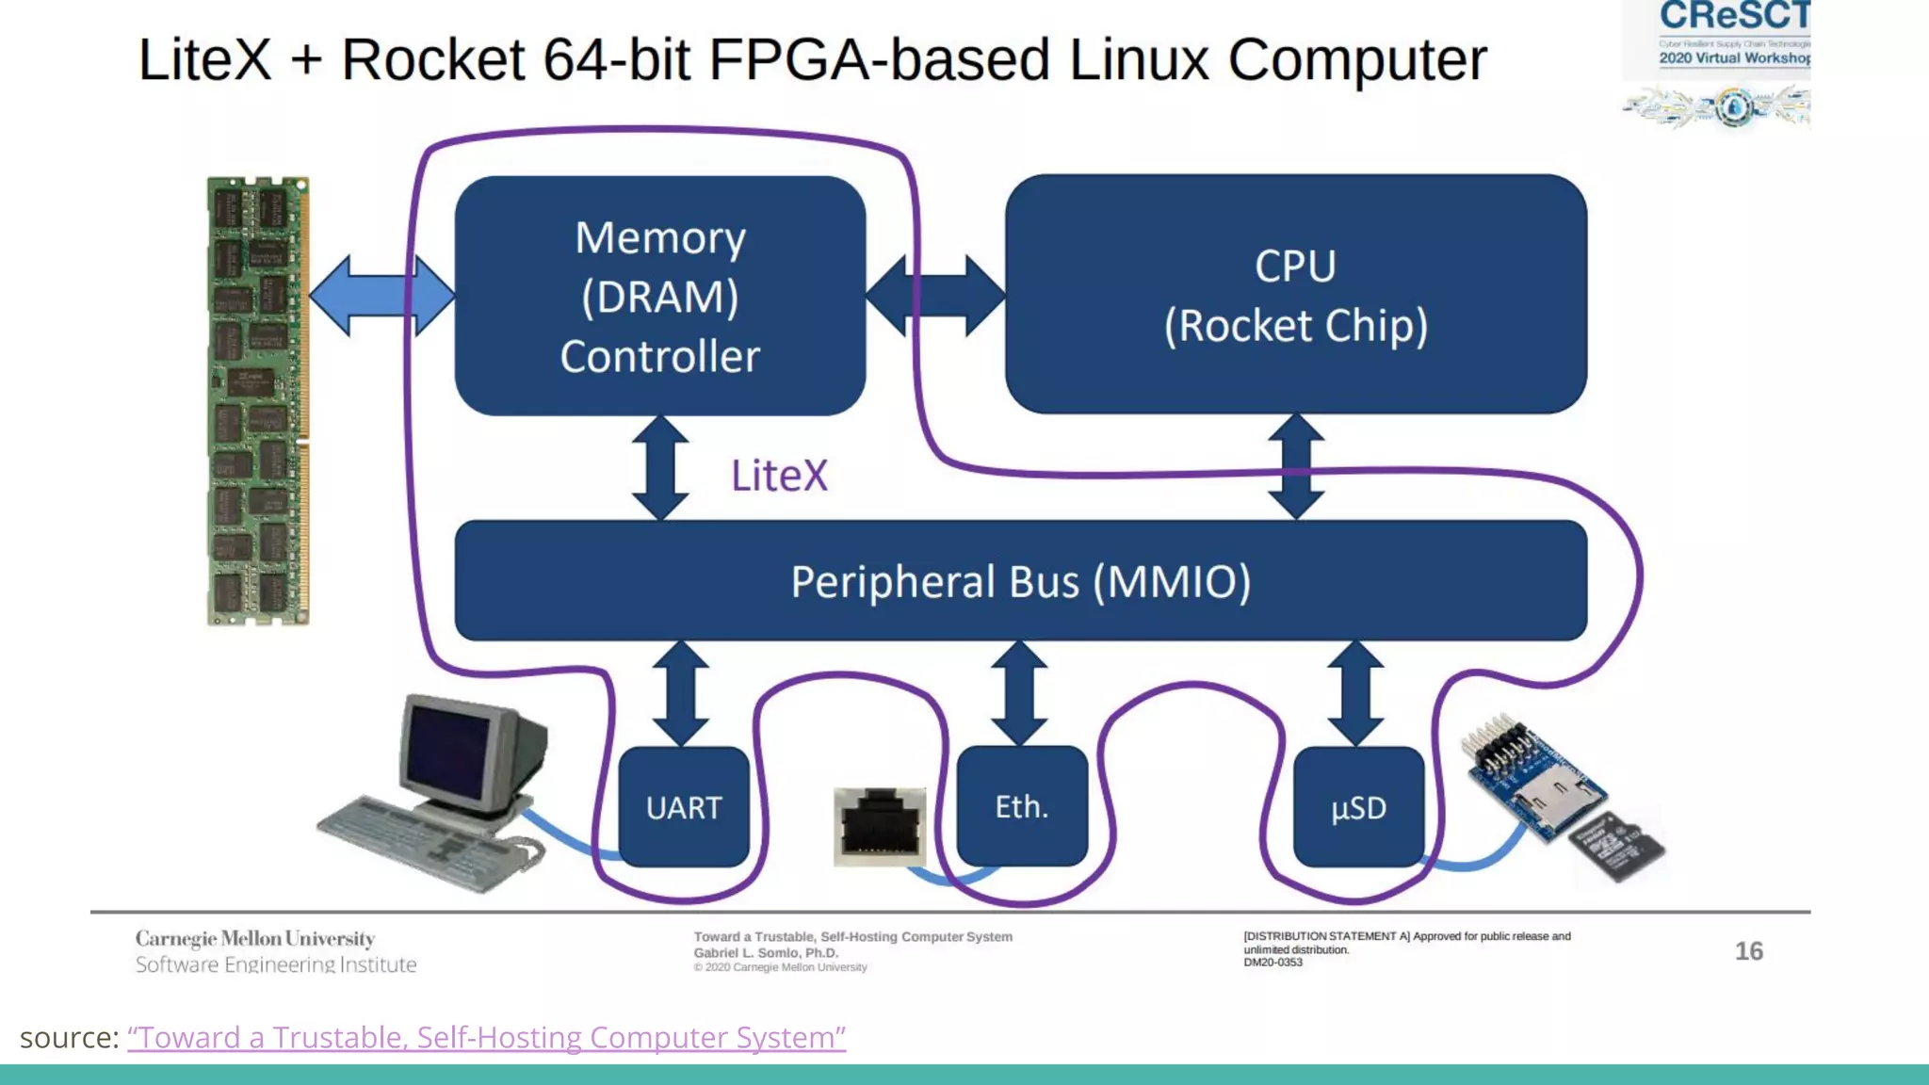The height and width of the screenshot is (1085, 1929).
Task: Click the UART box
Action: tap(684, 807)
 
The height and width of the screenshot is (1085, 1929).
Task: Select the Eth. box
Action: tap(1022, 806)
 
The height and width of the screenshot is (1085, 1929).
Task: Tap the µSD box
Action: tap(1358, 807)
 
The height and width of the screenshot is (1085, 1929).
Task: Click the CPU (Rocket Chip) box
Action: tap(1295, 294)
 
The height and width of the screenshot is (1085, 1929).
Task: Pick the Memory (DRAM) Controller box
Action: tap(659, 296)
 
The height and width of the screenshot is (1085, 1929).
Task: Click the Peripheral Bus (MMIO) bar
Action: tap(1020, 581)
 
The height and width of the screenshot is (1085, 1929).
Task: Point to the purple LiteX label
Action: tap(779, 476)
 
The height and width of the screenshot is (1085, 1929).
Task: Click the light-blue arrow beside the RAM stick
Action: tap(381, 295)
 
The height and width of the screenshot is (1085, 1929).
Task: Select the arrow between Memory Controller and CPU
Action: tap(935, 295)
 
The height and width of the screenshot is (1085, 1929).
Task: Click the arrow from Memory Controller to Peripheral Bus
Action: tap(659, 468)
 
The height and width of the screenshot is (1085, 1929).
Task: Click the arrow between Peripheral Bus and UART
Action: tap(680, 693)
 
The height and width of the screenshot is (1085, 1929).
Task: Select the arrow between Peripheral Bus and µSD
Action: tap(1355, 693)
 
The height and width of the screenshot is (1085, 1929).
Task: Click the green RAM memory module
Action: tap(257, 400)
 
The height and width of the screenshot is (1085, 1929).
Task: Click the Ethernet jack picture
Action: tap(880, 827)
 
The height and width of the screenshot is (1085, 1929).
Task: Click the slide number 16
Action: tap(1748, 951)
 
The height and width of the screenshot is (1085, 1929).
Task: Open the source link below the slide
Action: tap(486, 1037)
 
